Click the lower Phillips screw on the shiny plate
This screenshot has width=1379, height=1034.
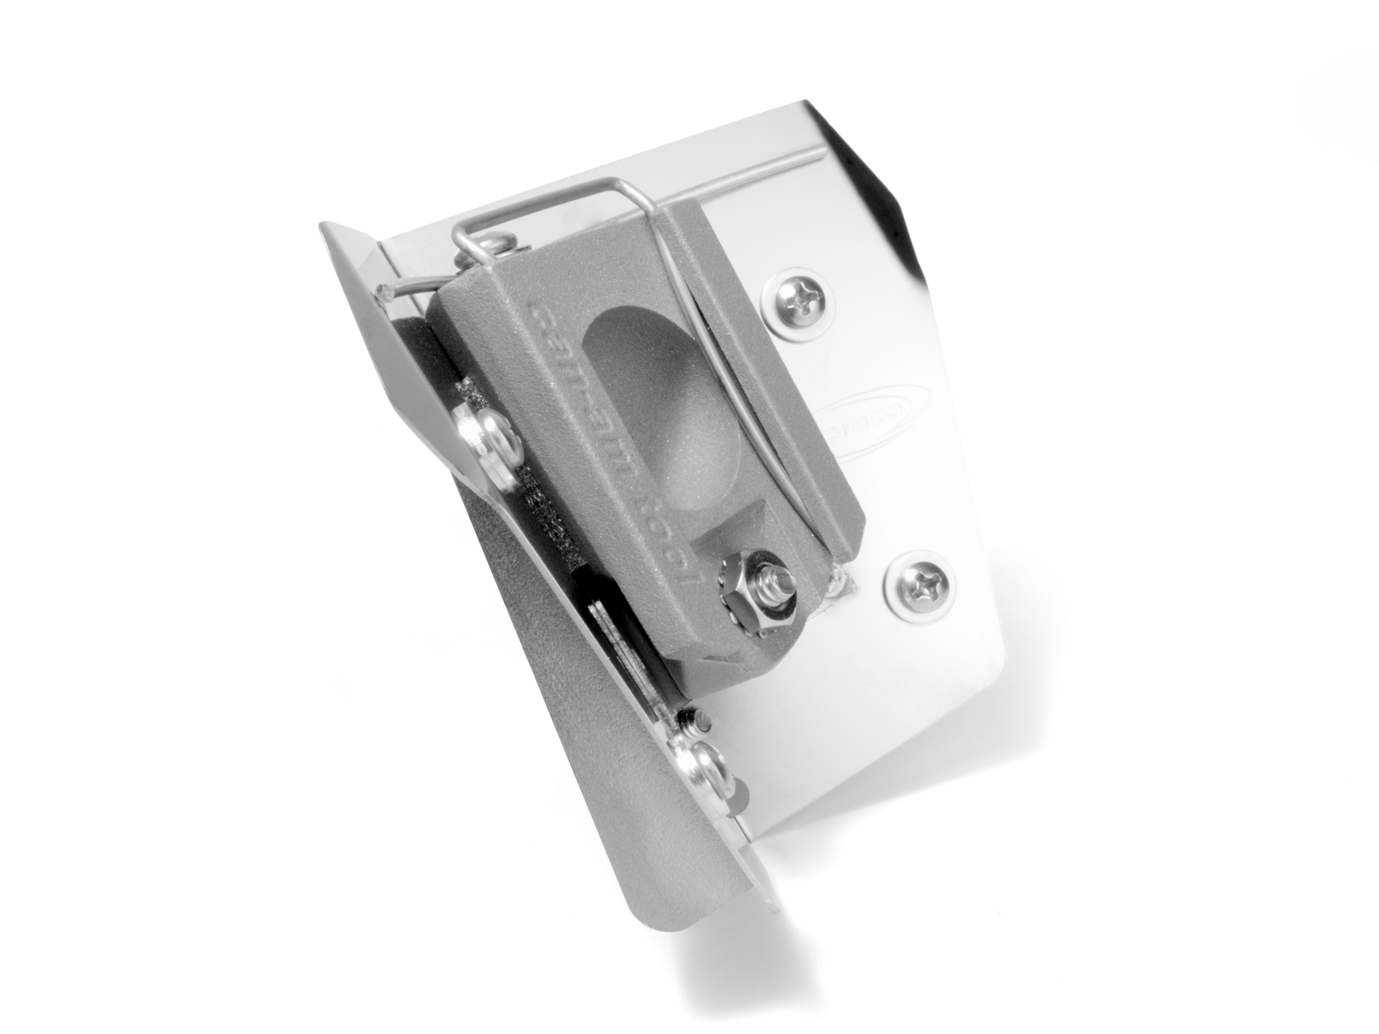pos(921,585)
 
